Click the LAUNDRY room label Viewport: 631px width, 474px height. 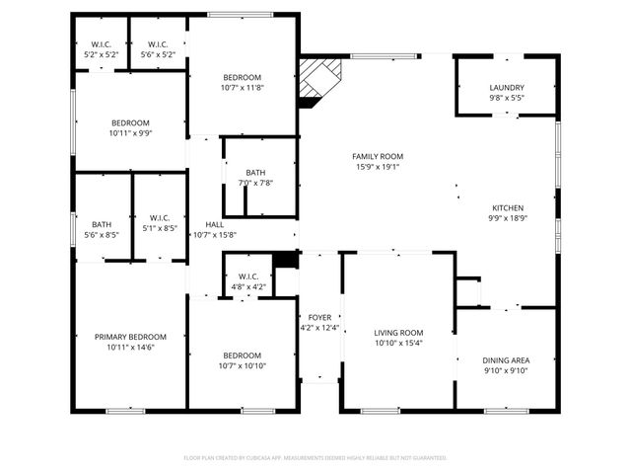tap(507, 88)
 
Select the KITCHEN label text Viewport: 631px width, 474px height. tap(508, 208)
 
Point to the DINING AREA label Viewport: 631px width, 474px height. tap(506, 360)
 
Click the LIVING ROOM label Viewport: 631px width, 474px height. tap(398, 333)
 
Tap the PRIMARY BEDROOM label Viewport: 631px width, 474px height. tap(130, 337)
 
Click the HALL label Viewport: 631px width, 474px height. tap(214, 224)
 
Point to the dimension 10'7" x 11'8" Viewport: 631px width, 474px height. tap(242, 88)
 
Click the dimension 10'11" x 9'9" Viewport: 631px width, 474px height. tap(130, 133)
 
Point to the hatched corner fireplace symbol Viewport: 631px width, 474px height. tap(320, 78)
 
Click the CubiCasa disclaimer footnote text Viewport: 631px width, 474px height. tap(315, 457)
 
